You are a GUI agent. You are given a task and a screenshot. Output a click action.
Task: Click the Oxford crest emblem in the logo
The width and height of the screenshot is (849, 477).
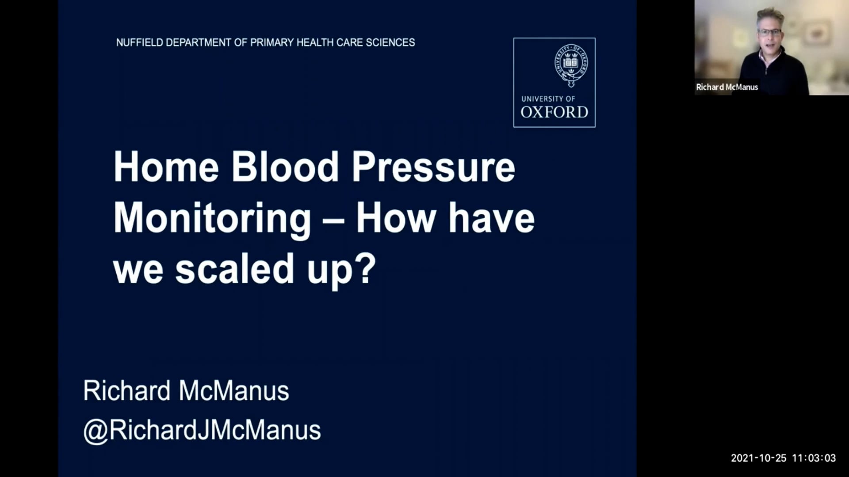[571, 65]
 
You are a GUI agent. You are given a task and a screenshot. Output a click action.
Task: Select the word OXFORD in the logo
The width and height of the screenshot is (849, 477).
[554, 112]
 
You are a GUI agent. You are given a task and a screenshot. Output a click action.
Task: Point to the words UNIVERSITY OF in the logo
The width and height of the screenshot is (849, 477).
[548, 99]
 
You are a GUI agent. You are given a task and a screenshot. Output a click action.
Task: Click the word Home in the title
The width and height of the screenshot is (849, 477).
[166, 167]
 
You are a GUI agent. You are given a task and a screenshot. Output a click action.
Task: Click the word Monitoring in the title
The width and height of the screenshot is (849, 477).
[212, 219]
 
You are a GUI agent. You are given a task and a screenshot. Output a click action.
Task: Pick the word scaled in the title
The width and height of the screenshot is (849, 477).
[235, 269]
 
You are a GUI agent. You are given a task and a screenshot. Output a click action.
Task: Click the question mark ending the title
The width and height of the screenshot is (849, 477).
[366, 268]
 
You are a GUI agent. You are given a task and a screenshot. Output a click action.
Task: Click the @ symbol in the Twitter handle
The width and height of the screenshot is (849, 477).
[96, 431]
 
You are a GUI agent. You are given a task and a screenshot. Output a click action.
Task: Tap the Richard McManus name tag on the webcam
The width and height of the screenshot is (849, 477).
[727, 87]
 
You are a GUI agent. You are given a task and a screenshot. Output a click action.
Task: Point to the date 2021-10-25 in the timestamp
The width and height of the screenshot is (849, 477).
[759, 458]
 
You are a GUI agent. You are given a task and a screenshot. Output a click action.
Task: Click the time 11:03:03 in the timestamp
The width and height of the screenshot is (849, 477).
[814, 458]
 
